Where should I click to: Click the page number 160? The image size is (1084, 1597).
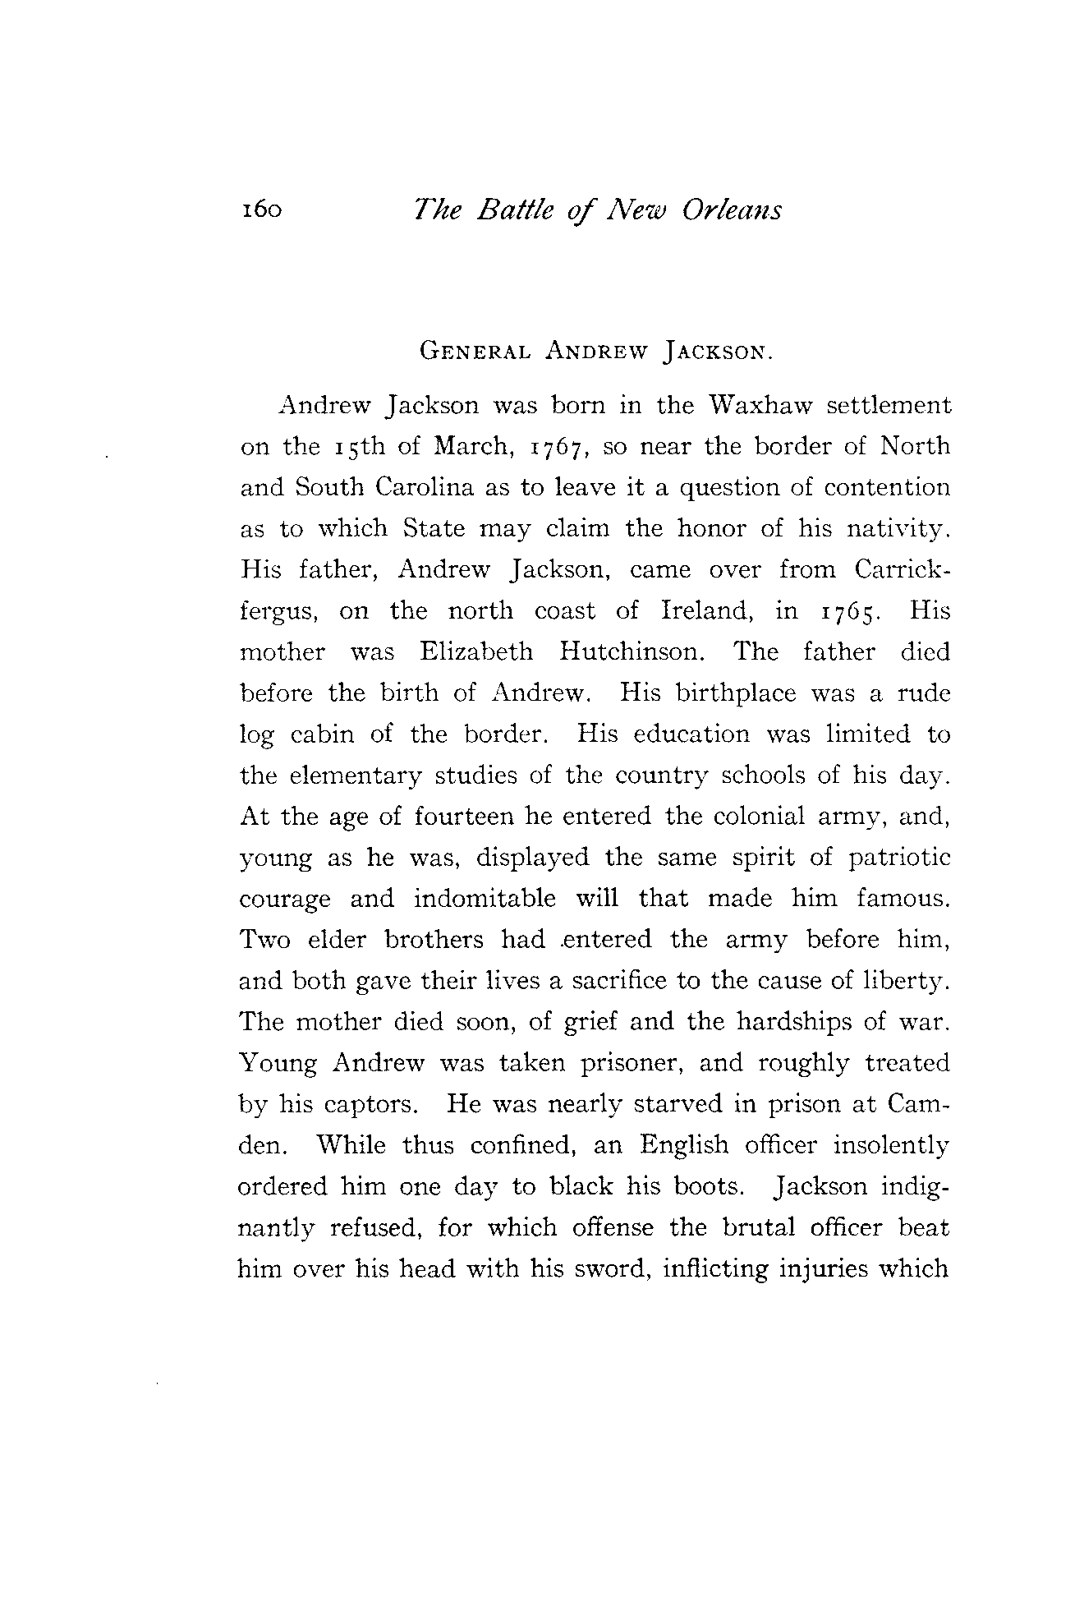click(261, 211)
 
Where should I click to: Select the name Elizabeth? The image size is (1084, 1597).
click(476, 652)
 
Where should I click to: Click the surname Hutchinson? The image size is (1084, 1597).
click(632, 652)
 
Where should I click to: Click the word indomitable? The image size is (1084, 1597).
click(485, 899)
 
